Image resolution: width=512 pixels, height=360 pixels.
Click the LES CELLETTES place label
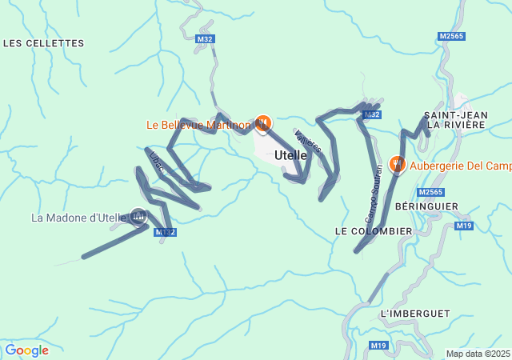click(44, 43)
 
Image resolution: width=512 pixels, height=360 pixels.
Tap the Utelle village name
click(290, 155)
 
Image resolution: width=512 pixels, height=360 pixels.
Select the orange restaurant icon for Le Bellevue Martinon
click(263, 123)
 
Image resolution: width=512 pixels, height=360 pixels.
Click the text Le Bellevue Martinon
click(198, 125)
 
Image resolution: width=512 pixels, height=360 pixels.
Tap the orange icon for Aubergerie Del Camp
click(397, 164)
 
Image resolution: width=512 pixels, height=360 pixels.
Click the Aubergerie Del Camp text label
click(460, 166)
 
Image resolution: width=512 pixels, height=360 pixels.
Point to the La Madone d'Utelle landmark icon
click(138, 215)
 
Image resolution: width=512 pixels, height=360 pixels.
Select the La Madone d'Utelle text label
click(78, 218)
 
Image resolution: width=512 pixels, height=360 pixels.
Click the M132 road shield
click(164, 232)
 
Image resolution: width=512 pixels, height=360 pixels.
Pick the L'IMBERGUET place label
click(415, 313)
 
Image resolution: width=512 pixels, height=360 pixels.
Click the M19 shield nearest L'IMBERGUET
click(379, 345)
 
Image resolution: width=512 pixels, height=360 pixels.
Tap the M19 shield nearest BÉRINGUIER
click(464, 226)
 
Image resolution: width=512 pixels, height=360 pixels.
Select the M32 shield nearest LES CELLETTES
click(205, 38)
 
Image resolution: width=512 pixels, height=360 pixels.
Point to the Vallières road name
click(308, 142)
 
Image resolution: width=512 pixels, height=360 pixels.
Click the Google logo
click(26, 350)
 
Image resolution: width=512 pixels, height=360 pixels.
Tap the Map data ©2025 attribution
click(478, 354)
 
